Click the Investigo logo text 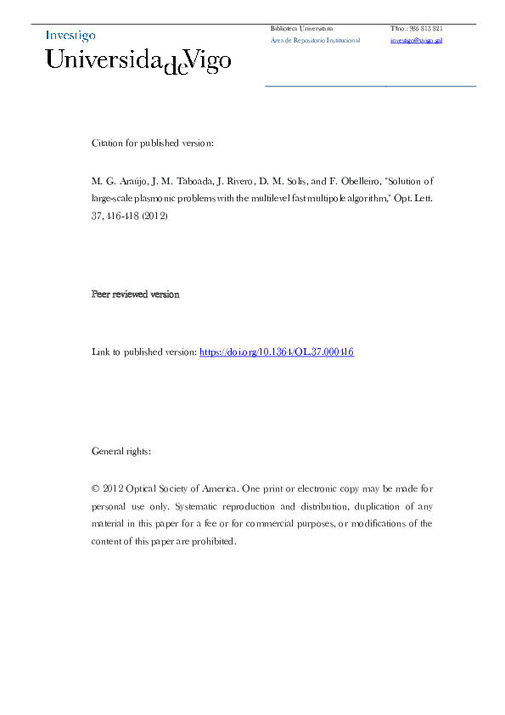pos(70,36)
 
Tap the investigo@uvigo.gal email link pos(416,40)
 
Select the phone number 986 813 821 pos(425,28)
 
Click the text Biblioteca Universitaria pos(301,28)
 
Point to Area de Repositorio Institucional pos(315,40)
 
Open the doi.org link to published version pos(276,352)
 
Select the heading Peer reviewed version pos(135,294)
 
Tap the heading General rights pos(121,451)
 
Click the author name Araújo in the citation pos(128,181)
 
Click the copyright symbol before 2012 pos(95,488)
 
